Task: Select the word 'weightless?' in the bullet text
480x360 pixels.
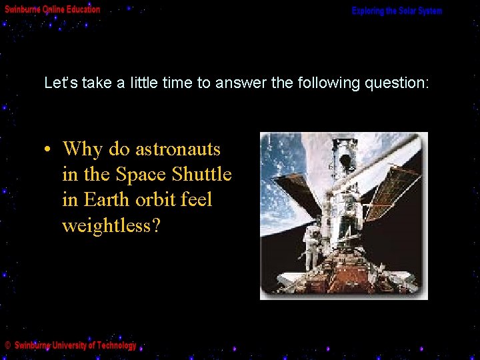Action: tap(111, 226)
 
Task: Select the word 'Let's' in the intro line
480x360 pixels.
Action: tap(57, 83)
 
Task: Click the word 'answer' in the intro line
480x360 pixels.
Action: tap(237, 83)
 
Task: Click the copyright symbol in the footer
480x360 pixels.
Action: tap(7, 345)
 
